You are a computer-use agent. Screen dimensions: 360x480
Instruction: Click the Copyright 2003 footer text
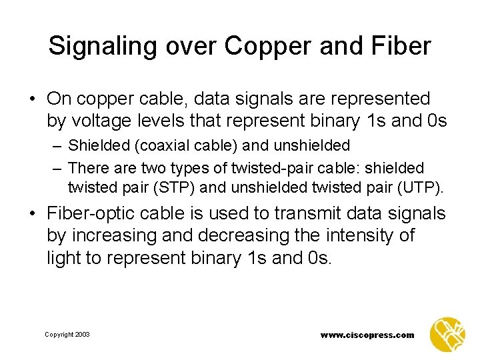(67, 334)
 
